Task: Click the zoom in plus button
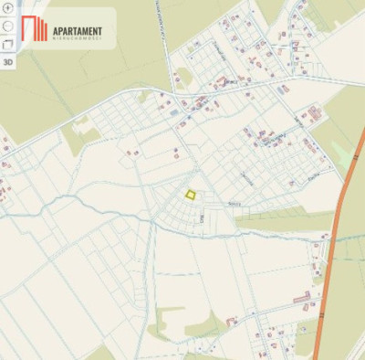point(8,7)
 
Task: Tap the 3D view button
point(8,62)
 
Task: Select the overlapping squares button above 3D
point(8,43)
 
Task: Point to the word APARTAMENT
point(78,32)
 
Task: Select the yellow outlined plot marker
point(191,194)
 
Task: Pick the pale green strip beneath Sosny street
point(274,219)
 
